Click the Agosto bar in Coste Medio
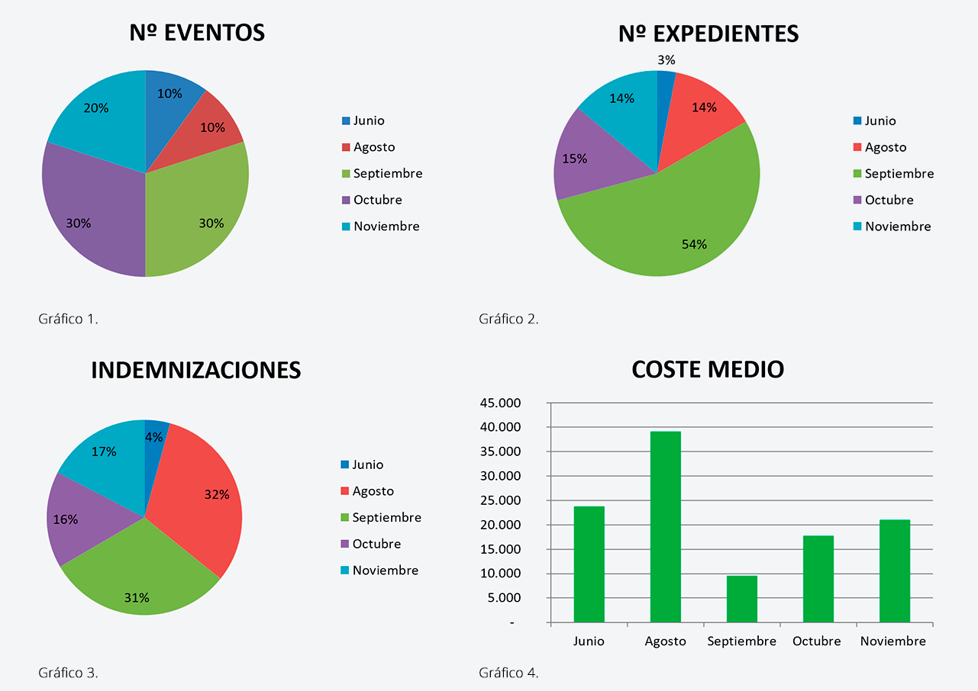[x=665, y=526]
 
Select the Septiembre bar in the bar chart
[x=741, y=599]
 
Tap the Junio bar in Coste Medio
[x=589, y=564]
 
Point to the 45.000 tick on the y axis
[x=518, y=403]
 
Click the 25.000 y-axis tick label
[x=518, y=500]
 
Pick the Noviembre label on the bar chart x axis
[x=892, y=641]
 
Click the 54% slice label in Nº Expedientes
[x=694, y=244]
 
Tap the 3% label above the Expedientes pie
[x=666, y=59]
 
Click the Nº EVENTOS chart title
[x=197, y=33]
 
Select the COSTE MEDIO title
[x=708, y=370]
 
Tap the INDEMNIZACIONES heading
[x=196, y=370]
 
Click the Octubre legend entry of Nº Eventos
[x=376, y=200]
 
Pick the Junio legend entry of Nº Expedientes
[x=880, y=121]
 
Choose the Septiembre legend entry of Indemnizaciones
[x=386, y=517]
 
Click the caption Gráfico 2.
[x=508, y=319]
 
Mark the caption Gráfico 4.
[x=508, y=673]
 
